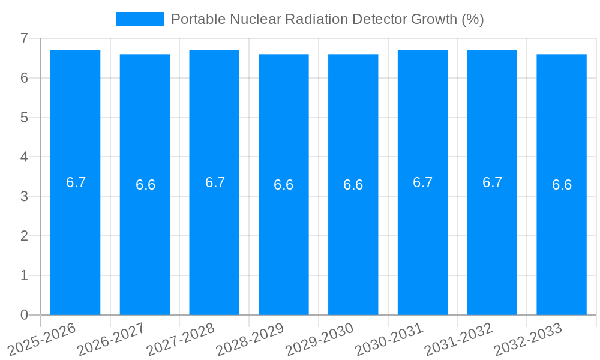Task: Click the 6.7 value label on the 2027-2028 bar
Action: pyautogui.click(x=215, y=182)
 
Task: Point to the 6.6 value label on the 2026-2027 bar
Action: pyautogui.click(x=145, y=185)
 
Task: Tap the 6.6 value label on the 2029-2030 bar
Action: pyautogui.click(x=353, y=185)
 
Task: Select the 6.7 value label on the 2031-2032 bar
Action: pyautogui.click(x=492, y=182)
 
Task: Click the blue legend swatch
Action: pyautogui.click(x=139, y=19)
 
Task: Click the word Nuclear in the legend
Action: pyautogui.click(x=248, y=19)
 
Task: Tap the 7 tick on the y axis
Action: pyautogui.click(x=24, y=38)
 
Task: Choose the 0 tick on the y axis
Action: pyautogui.click(x=24, y=315)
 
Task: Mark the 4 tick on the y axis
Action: pyautogui.click(x=24, y=157)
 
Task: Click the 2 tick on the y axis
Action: pyautogui.click(x=24, y=236)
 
